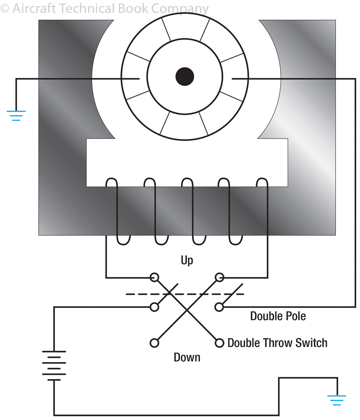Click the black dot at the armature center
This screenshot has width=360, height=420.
click(x=184, y=76)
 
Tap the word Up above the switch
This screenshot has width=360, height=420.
click(x=187, y=260)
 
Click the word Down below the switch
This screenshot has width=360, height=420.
click(x=187, y=357)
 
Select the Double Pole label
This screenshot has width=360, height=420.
click(x=278, y=316)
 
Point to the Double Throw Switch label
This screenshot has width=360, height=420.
click(x=277, y=343)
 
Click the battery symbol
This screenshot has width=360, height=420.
click(x=54, y=366)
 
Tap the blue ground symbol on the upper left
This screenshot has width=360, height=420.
click(x=16, y=115)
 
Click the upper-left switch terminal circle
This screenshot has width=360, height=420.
click(x=154, y=277)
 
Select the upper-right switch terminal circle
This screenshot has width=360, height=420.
click(x=219, y=277)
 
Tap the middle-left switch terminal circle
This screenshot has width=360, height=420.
click(x=154, y=307)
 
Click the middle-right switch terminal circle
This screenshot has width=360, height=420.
click(x=219, y=307)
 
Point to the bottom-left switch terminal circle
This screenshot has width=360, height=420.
click(x=154, y=343)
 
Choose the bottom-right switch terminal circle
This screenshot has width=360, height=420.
click(x=219, y=343)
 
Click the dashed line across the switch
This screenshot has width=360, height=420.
click(x=185, y=294)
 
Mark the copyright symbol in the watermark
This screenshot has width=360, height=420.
click(x=5, y=9)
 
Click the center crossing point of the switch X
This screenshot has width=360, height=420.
click(x=187, y=310)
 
